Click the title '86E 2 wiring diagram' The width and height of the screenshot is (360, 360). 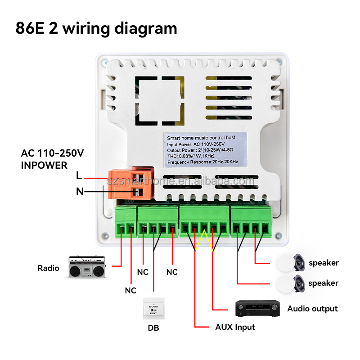(96, 28)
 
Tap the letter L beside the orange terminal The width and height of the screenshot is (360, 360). (79, 176)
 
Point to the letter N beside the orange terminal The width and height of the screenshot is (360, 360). (80, 192)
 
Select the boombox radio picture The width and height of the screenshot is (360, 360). (86, 266)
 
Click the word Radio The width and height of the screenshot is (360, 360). (48, 268)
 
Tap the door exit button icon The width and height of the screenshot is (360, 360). (153, 309)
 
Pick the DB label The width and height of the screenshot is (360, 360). (153, 328)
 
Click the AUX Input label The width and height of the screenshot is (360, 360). (235, 327)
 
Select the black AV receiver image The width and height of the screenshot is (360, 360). (258, 309)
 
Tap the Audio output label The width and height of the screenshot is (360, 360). (312, 309)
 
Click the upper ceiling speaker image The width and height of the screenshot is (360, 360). (291, 262)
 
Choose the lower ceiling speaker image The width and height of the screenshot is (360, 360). (291, 283)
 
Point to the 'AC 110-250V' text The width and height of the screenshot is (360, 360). (52, 153)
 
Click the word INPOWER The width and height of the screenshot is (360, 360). (44, 165)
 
